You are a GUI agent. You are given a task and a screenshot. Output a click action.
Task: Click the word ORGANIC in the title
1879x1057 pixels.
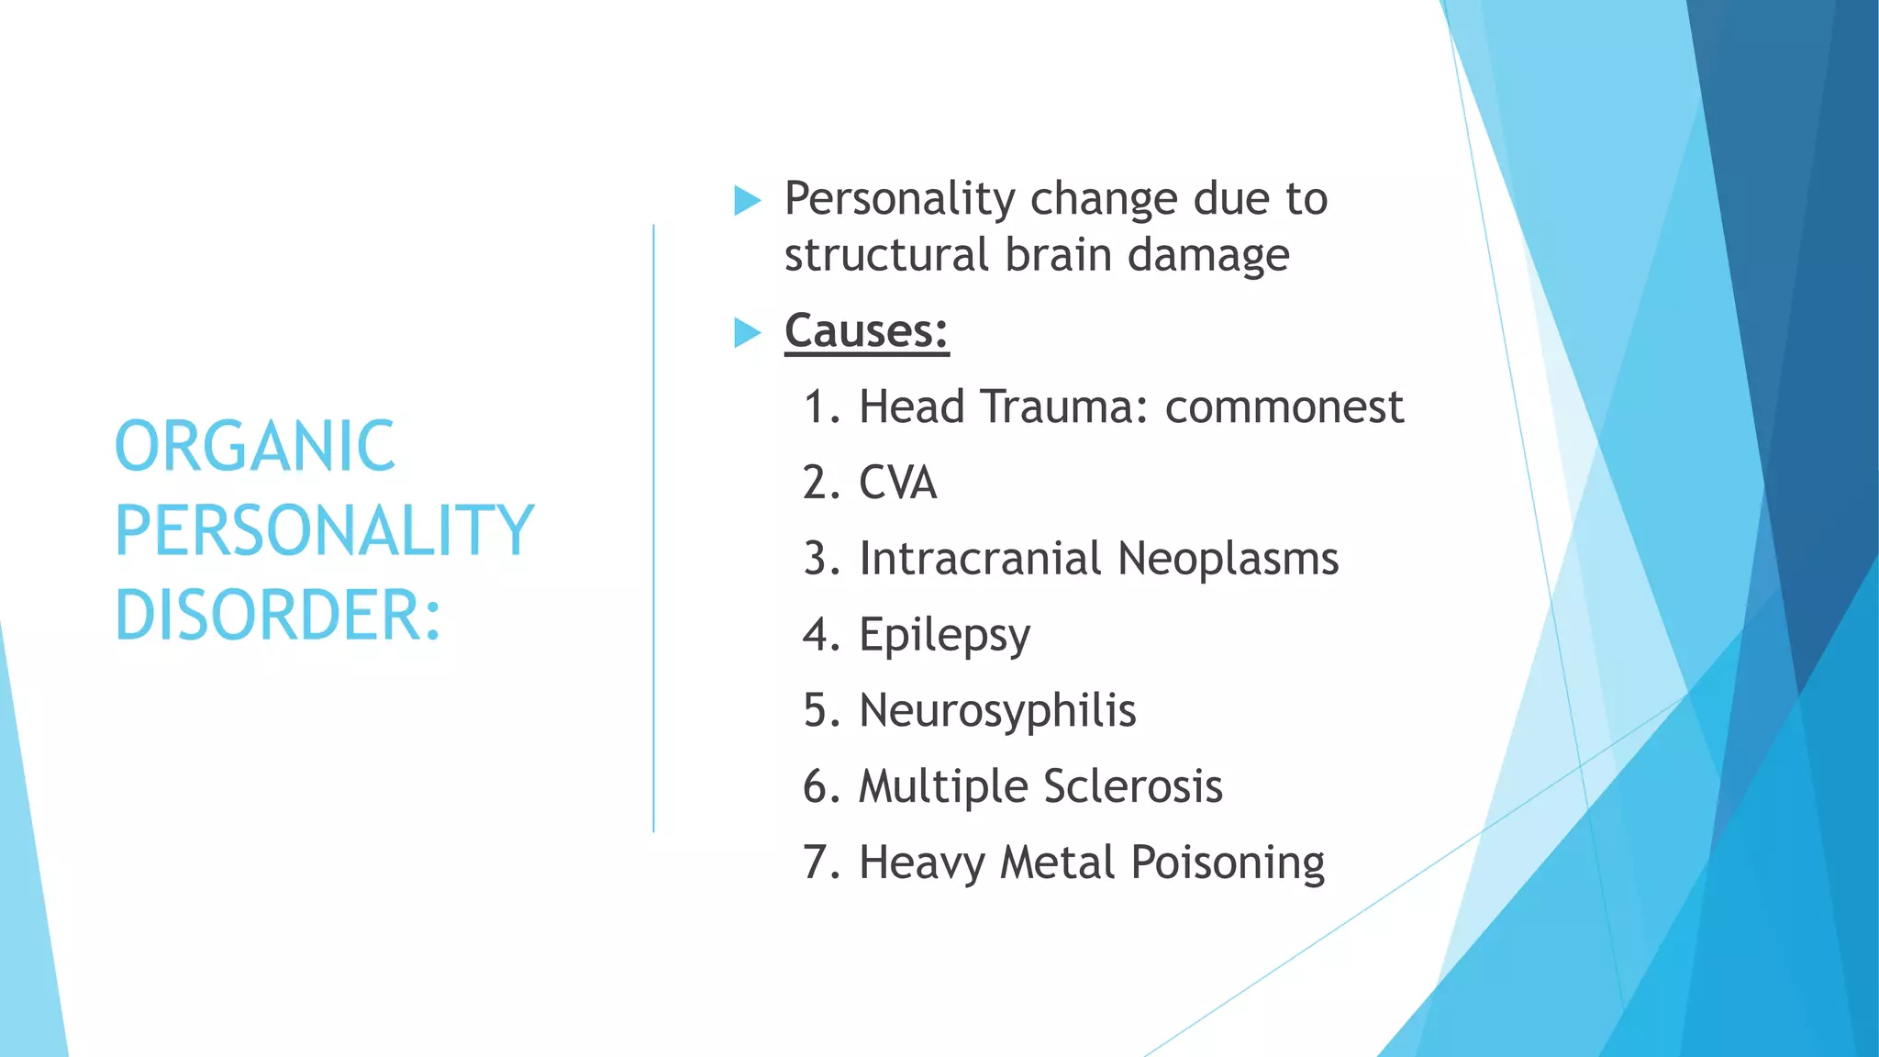pyautogui.click(x=254, y=447)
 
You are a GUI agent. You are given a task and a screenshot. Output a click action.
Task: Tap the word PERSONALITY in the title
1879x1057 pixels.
pyautogui.click(x=323, y=531)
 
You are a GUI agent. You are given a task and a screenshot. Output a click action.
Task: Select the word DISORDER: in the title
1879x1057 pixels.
pyautogui.click(x=277, y=616)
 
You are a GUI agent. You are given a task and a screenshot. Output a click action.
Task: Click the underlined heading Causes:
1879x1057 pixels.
pyautogui.click(x=866, y=330)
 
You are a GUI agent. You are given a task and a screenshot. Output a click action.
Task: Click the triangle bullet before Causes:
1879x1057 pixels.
pyautogui.click(x=748, y=332)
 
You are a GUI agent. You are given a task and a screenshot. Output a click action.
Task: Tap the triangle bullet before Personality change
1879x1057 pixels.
pyautogui.click(x=748, y=200)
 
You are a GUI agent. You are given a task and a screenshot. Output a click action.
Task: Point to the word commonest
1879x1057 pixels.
pyautogui.click(x=1284, y=406)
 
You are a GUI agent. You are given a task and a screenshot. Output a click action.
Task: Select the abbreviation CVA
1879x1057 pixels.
pyautogui.click(x=897, y=483)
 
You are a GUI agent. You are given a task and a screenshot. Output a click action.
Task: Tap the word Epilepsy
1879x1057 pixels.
pyautogui.click(x=944, y=635)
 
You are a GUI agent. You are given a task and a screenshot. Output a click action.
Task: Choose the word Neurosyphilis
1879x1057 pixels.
pyautogui.click(x=996, y=710)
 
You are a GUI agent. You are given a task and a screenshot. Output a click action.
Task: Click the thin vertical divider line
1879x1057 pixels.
pyautogui.click(x=653, y=528)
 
